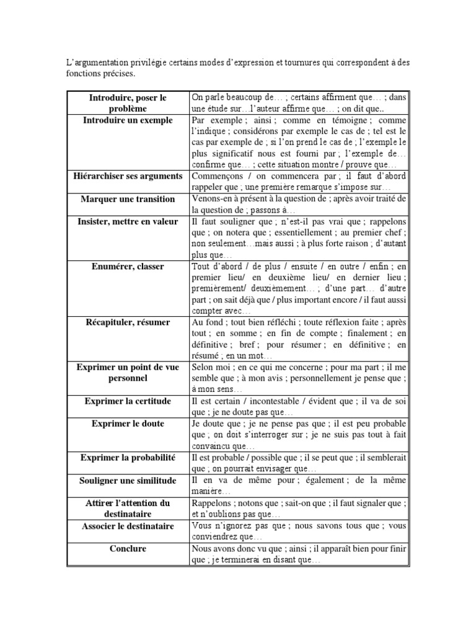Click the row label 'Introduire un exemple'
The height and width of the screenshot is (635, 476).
(x=128, y=120)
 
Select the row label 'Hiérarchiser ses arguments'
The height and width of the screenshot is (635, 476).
(x=128, y=177)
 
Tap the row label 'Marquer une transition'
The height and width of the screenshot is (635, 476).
(x=128, y=199)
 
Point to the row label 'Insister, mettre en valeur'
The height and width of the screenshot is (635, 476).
(x=128, y=221)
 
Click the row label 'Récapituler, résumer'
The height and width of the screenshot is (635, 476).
(x=128, y=322)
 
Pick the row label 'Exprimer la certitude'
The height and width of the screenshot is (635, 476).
(x=128, y=401)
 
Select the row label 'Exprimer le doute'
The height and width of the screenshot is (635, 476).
(x=128, y=424)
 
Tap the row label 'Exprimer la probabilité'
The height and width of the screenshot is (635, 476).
(x=128, y=458)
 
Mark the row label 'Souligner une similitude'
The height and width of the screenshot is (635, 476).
(x=128, y=480)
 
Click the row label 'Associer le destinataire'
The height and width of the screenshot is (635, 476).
(x=128, y=525)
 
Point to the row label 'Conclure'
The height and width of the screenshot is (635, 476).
(x=128, y=548)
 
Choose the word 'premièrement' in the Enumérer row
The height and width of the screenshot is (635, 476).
(x=220, y=289)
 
